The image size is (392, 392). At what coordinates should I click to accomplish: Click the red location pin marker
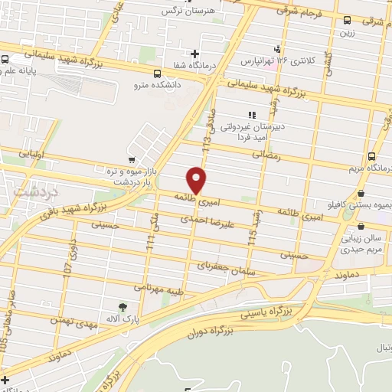197,180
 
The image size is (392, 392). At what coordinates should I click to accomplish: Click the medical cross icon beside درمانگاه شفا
195,54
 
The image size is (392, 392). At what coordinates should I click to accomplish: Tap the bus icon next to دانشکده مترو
157,74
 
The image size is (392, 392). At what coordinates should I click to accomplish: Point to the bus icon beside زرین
348,21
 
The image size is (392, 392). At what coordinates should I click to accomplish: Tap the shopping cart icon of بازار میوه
132,162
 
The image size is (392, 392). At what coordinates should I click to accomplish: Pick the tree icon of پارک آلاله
123,307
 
